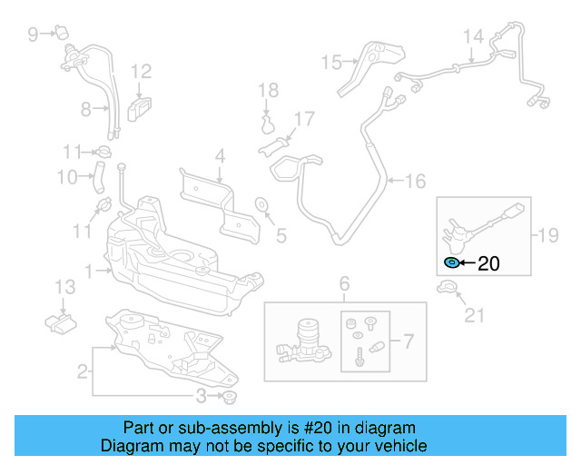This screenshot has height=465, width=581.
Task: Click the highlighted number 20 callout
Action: (x=488, y=263)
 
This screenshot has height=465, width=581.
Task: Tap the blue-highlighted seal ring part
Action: (x=451, y=263)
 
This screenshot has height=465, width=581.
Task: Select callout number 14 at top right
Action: (x=473, y=37)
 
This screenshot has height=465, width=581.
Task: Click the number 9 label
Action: (x=33, y=35)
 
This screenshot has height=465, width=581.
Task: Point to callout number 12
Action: (x=141, y=71)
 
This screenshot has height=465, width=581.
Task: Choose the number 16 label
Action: (x=415, y=182)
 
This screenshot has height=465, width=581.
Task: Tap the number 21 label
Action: (x=475, y=315)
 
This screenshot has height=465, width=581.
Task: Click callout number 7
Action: (x=409, y=341)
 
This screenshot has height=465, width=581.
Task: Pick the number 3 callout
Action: (x=201, y=395)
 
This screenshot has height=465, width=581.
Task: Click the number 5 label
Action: (x=281, y=236)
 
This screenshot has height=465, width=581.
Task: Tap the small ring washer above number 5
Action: (x=261, y=203)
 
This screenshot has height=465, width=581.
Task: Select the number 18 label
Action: (x=268, y=90)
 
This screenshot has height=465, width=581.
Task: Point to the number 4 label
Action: (x=219, y=156)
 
